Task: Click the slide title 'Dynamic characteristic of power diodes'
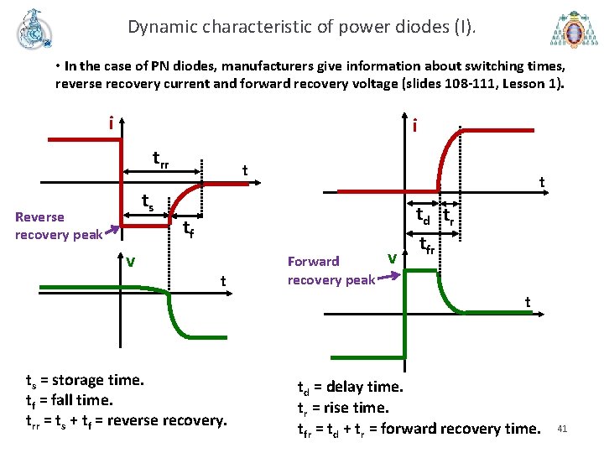301,27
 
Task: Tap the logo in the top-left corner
34,29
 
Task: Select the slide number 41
562,430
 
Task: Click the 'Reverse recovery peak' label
58,226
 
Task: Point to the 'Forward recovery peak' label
331,270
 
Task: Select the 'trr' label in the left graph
160,159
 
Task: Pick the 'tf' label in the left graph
189,227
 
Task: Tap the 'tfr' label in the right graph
427,245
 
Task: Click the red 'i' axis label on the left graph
111,123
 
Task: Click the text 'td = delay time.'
351,388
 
